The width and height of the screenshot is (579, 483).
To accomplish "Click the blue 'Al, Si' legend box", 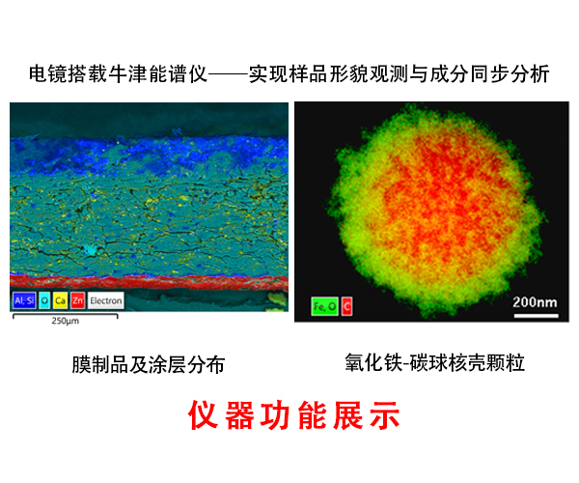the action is click(x=24, y=300).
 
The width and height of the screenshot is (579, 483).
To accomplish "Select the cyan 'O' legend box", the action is click(x=44, y=300).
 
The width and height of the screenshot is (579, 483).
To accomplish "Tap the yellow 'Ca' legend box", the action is click(x=60, y=300).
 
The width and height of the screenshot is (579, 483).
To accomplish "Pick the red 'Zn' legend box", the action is click(x=77, y=300).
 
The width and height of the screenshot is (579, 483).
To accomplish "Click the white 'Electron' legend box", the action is click(x=105, y=300).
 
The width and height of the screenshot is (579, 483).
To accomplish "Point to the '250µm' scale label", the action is click(x=66, y=321).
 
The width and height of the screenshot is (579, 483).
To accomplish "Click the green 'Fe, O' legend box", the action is click(x=324, y=306).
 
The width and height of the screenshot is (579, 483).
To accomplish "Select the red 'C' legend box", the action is click(x=346, y=306).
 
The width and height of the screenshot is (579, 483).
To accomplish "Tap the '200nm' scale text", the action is click(x=535, y=302).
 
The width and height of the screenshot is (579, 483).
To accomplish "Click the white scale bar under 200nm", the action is click(x=537, y=316).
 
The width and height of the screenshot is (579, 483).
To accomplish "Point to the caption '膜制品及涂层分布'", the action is click(x=149, y=364).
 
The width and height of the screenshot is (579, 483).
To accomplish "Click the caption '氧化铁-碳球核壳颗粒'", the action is click(x=434, y=362).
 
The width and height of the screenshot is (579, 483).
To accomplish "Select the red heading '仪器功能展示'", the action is click(x=294, y=415).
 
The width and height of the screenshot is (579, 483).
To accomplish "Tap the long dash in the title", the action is click(x=228, y=74).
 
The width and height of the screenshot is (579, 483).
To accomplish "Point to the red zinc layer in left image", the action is click(x=150, y=282).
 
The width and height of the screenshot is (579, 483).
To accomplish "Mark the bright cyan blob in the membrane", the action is click(x=90, y=250).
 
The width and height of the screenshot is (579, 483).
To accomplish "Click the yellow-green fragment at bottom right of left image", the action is click(x=277, y=299).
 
